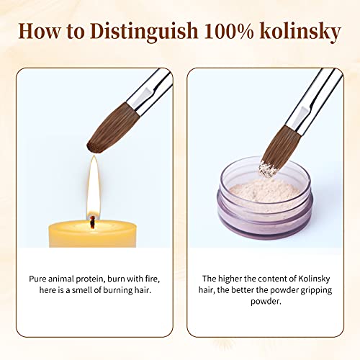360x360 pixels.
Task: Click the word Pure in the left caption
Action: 40,278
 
